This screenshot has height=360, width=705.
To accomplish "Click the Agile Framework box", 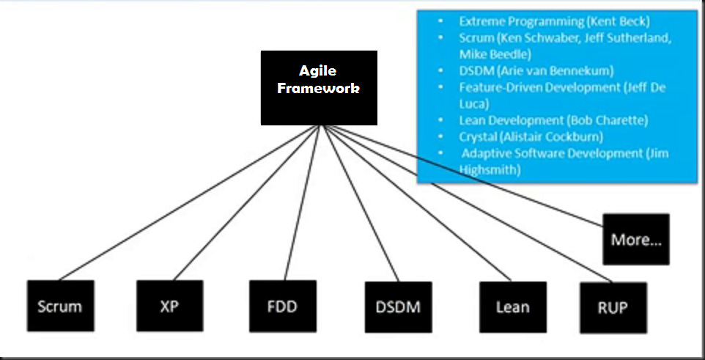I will pos(319,87).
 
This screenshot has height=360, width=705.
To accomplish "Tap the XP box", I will pos(169,306).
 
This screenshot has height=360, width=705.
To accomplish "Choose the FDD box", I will pos(282,306).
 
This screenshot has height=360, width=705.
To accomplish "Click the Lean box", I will pos(513,306).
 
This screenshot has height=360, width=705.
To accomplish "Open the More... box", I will pos(636,239).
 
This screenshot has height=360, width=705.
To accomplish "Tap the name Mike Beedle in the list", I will pos(494,54).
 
